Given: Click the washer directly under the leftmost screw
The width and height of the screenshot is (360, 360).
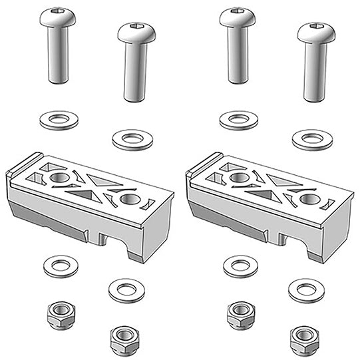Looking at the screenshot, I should pyautogui.click(x=57, y=120).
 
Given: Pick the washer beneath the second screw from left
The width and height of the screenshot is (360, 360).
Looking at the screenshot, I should pyautogui.click(x=132, y=140).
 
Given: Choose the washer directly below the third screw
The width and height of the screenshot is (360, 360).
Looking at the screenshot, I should pyautogui.click(x=238, y=120).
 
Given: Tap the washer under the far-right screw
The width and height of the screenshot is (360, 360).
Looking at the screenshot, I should pyautogui.click(x=311, y=140).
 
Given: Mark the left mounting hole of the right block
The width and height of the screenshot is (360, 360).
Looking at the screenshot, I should pyautogui.click(x=239, y=178).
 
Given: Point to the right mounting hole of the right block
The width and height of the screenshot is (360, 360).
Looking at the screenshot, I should pyautogui.click(x=308, y=199).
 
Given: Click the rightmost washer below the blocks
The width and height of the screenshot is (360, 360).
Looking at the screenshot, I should pyautogui.click(x=307, y=289).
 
